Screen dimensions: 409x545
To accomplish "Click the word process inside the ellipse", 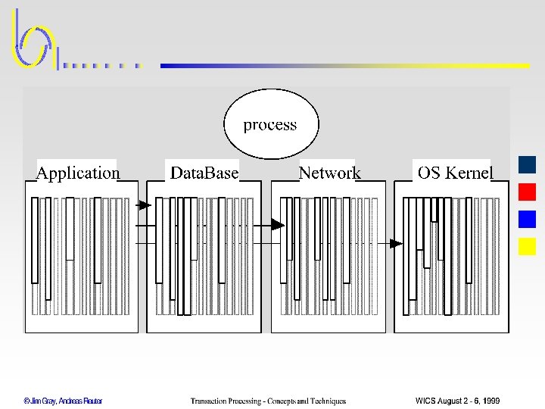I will pos(270,125).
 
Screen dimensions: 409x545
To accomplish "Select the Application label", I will pos(78,173).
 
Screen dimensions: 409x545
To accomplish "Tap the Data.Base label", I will pos(204,173).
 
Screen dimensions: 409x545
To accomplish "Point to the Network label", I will pos(329,173).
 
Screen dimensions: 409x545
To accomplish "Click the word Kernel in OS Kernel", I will pos(469,173).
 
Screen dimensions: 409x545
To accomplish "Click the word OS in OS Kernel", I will pos(428,173).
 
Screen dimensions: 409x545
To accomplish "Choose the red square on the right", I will pos(528,192).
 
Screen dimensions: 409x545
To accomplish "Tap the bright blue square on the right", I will pos(528,219).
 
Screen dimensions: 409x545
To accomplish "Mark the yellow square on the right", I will pos(528,246).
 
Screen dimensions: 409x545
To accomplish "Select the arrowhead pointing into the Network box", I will pos(278,224).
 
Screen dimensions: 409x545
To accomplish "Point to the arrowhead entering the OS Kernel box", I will pos(396,243).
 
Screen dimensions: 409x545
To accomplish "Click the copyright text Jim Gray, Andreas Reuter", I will pos(62,401).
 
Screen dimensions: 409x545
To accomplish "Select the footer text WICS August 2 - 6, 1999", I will pos(457,401).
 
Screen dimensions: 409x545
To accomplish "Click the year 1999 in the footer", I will pos(489,401).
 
